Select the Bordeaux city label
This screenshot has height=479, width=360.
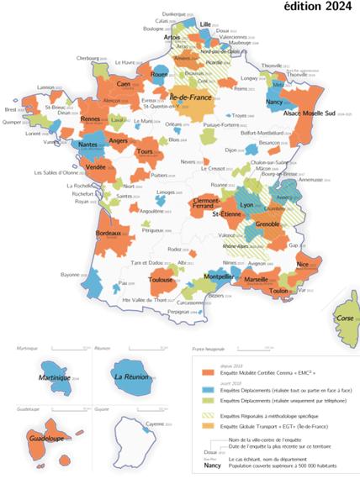tap(112, 232)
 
